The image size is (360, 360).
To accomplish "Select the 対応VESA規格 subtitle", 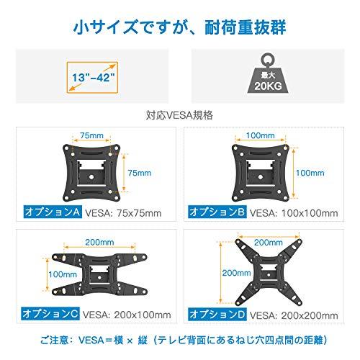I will point(179,114).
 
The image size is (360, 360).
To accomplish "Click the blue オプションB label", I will point(216,213).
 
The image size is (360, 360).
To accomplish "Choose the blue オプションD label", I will point(216,315).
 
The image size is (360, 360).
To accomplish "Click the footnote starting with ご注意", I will point(179,341).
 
